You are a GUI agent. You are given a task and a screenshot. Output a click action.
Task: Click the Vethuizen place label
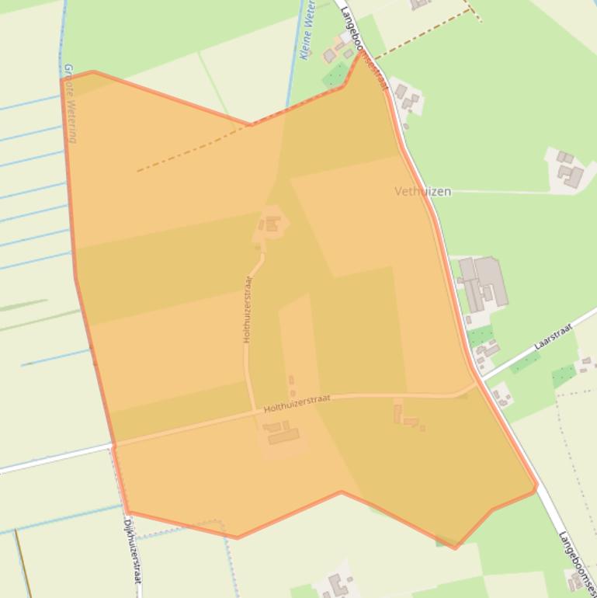click(422, 191)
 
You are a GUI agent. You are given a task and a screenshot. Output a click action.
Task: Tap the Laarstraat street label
click(553, 337)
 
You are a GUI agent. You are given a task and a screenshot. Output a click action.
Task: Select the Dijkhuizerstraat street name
click(133, 551)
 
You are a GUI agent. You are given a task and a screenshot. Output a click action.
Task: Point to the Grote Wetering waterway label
click(71, 103)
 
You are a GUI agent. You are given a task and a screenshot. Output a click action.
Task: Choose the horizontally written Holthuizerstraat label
click(297, 402)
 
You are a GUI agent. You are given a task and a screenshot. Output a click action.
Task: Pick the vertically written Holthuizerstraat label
click(248, 308)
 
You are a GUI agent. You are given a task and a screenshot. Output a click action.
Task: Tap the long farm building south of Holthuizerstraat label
click(283, 436)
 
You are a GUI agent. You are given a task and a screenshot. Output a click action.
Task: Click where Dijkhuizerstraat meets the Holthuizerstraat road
click(113, 446)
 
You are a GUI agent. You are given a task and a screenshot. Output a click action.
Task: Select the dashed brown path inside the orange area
click(186, 153)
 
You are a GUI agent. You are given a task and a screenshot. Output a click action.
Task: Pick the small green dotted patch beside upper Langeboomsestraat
click(336, 75)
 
